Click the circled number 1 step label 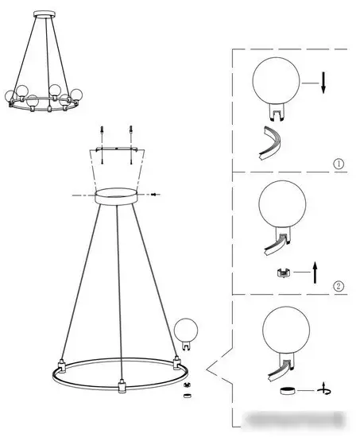click(339, 164)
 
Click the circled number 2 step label click(339, 286)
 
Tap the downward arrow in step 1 click(323, 83)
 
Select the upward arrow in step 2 click(315, 273)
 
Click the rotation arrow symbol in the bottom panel click(324, 391)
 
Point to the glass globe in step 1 click(276, 81)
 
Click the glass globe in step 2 click(282, 204)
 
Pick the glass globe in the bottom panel click(286, 330)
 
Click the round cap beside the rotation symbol click(288, 391)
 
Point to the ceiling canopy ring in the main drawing click(116, 196)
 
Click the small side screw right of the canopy click(154, 194)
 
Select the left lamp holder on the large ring click(62, 366)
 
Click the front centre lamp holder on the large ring click(122, 385)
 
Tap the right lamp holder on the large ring click(176, 362)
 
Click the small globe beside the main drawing click(186, 334)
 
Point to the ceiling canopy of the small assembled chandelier click(45, 14)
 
